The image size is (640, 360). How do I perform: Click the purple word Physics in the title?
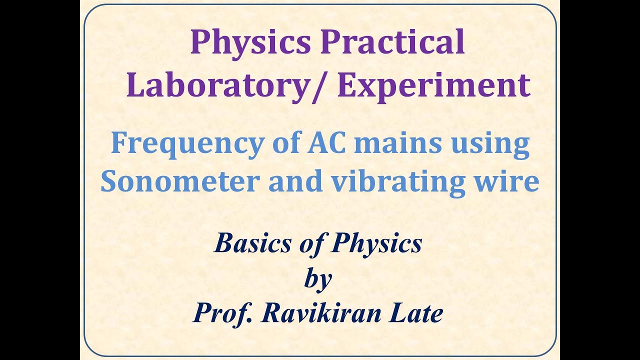click(250, 43)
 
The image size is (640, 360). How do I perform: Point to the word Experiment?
click(433, 86)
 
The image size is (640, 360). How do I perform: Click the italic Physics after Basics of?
click(376, 244)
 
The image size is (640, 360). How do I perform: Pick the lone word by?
click(318, 280)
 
